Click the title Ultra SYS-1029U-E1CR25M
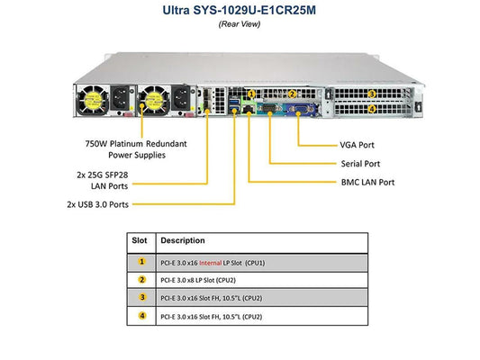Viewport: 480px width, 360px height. pos(239,10)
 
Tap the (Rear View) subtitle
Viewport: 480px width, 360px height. pos(240,24)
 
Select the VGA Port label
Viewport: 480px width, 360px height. pos(357,145)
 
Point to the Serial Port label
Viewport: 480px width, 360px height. pos(360,164)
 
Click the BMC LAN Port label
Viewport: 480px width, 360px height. pos(367,183)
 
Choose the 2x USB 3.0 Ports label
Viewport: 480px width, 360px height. pos(97,204)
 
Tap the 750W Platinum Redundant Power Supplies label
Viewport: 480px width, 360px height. pos(136,149)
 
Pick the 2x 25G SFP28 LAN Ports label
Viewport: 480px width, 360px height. pos(103,181)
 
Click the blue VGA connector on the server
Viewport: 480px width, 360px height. pos(300,110)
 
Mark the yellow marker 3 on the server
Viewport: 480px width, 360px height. pos(372,94)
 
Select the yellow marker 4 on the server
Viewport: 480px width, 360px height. pos(372,109)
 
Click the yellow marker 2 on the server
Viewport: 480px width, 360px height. pos(292,94)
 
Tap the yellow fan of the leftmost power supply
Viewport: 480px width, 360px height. pos(92,100)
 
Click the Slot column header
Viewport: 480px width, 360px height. pos(140,240)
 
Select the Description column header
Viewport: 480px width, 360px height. pos(183,240)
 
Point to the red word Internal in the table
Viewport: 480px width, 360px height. pos(211,263)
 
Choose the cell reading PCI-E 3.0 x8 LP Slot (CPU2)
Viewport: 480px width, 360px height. pos(198,280)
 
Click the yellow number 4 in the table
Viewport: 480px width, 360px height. pos(142,316)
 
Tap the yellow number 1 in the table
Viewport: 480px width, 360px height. pos(141,262)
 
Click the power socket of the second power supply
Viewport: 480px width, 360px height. pos(181,98)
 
